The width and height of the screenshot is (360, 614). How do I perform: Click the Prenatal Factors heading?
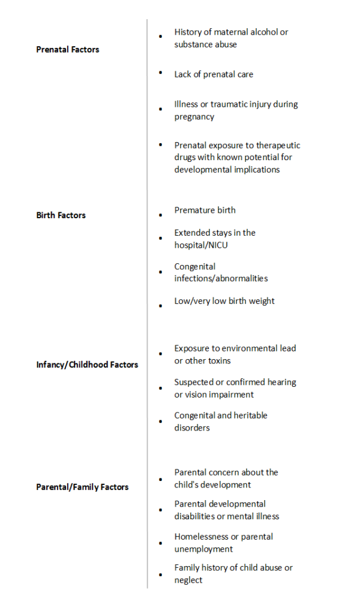point(67,49)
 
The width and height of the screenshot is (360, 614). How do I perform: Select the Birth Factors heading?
point(61,215)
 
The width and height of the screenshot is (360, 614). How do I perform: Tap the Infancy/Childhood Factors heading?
point(87,365)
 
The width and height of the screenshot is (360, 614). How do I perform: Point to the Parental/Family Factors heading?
point(82,487)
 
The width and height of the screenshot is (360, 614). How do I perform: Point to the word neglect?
point(188,580)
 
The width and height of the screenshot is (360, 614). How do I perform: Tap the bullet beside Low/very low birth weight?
point(161,306)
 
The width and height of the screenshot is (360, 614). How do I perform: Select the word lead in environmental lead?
point(287,348)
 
